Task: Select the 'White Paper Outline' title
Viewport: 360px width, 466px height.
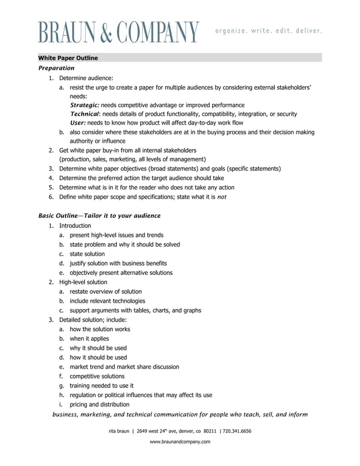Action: [68, 58]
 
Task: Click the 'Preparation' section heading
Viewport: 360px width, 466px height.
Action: [56, 68]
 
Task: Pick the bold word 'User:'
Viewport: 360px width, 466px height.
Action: [78, 123]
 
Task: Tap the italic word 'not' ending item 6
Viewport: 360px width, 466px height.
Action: [222, 197]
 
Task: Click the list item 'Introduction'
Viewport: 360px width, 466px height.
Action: [75, 226]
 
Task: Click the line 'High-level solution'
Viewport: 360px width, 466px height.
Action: [83, 282]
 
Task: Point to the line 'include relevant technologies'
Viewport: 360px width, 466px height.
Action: [107, 301]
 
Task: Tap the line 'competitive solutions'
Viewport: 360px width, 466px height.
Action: [97, 376]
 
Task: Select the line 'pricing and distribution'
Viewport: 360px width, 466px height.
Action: [99, 405]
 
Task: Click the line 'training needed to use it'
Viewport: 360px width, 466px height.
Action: [102, 386]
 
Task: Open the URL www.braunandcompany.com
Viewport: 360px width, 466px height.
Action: [180, 442]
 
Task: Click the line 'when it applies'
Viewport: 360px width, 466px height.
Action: [89, 338]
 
